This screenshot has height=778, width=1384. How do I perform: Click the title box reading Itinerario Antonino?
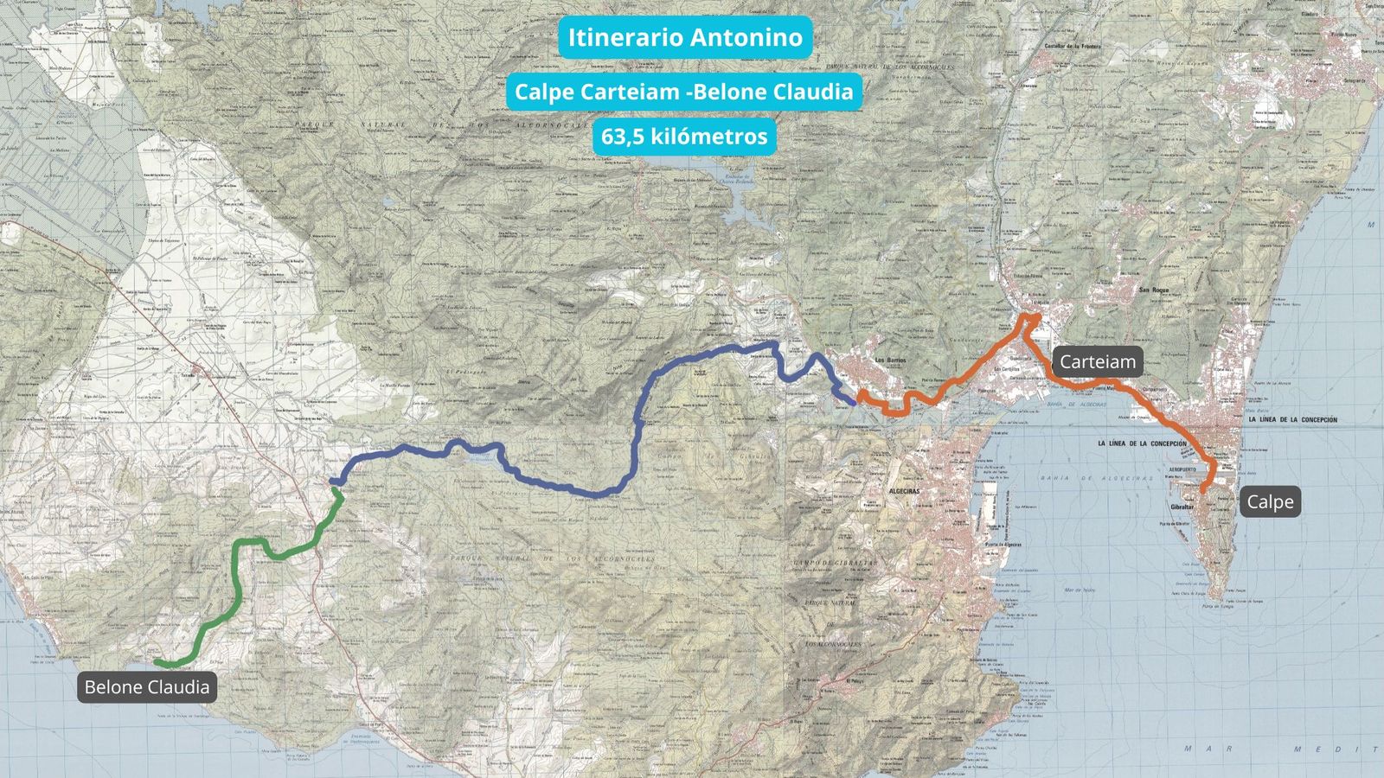coord(684,37)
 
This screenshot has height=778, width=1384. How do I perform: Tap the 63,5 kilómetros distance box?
coord(684,137)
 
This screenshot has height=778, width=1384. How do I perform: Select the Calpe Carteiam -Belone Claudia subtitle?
coord(684,92)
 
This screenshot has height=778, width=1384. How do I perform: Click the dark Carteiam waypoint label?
coord(1098,361)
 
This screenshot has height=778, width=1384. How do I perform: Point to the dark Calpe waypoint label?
coord(1270,502)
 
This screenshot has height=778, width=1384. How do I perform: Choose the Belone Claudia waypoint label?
coord(147,687)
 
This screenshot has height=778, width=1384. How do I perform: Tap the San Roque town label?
coord(1154,290)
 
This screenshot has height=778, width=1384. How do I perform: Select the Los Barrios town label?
coord(890,360)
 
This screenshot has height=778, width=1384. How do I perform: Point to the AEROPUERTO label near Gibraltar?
coord(1178,469)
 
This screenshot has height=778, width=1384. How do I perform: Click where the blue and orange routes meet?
coord(855,400)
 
